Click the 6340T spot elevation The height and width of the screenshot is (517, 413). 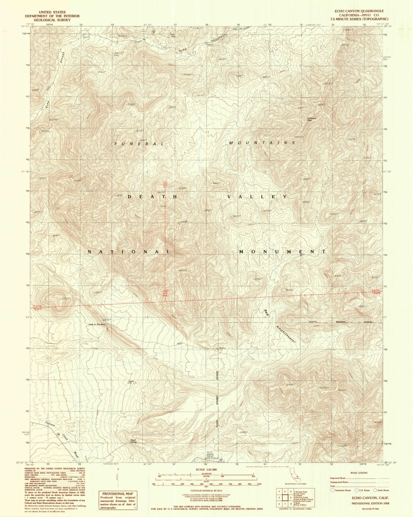coord(299,137)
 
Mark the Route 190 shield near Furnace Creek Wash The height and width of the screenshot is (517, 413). coord(58,434)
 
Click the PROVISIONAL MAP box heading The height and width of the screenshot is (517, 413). coord(117,494)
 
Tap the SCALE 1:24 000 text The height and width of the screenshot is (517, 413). coord(206,470)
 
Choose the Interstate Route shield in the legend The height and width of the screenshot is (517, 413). coord(332,490)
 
